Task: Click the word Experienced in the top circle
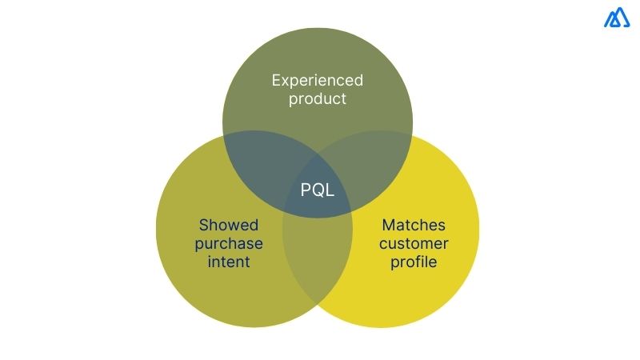pyautogui.click(x=318, y=80)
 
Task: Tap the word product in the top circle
pyautogui.click(x=318, y=99)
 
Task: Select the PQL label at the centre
pyautogui.click(x=318, y=190)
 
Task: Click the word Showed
pyautogui.click(x=230, y=225)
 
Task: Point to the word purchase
pyautogui.click(x=229, y=243)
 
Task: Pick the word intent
pyautogui.click(x=230, y=262)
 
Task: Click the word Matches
pyautogui.click(x=414, y=225)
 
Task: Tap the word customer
pyautogui.click(x=414, y=243)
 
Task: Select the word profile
pyautogui.click(x=414, y=262)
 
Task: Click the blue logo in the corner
pyautogui.click(x=618, y=19)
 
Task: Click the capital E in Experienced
pyautogui.click(x=276, y=80)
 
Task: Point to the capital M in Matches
pyautogui.click(x=389, y=225)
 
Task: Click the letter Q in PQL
pyautogui.click(x=318, y=190)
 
